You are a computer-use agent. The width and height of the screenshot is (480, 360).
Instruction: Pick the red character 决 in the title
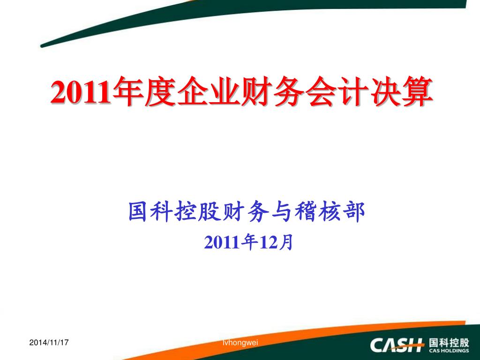click(385, 91)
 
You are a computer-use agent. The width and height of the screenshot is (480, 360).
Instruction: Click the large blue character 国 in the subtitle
click(138, 211)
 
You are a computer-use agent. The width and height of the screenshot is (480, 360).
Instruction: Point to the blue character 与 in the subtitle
click(282, 211)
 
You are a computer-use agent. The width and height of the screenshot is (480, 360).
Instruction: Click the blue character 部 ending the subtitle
click(354, 211)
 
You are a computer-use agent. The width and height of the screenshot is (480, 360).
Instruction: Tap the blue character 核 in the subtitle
click(330, 211)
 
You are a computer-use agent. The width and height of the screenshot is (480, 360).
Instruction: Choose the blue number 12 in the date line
click(267, 242)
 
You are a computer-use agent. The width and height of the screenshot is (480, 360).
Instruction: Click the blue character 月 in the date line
click(285, 242)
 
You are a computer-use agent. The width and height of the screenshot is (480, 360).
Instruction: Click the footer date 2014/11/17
click(49, 342)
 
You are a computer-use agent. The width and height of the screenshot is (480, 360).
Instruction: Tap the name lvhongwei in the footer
click(240, 343)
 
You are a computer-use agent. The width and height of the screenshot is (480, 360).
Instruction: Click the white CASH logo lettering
click(397, 345)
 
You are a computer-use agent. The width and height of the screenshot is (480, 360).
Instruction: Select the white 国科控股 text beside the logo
click(449, 342)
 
